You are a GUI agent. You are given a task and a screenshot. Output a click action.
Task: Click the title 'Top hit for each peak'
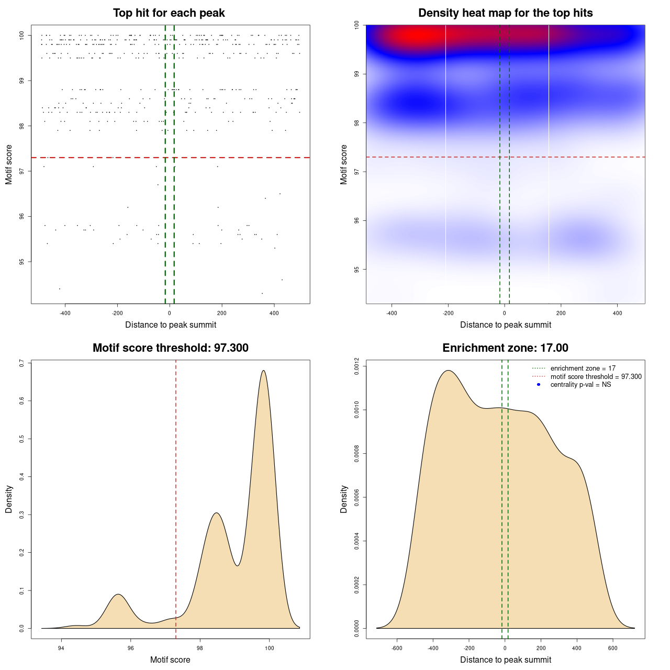(169, 13)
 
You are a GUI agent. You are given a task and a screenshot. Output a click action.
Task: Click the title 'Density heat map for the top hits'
(505, 13)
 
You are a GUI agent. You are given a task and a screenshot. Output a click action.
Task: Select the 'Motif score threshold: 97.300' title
(170, 348)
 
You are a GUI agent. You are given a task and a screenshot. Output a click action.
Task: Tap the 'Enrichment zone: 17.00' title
(505, 348)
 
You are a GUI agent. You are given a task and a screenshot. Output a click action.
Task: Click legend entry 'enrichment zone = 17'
(583, 368)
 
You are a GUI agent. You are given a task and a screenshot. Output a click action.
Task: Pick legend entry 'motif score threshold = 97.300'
(596, 377)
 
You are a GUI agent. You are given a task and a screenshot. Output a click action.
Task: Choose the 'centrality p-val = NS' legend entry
(580, 385)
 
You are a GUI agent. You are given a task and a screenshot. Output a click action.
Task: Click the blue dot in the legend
(539, 385)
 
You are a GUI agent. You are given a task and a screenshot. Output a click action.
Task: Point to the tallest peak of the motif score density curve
(263, 371)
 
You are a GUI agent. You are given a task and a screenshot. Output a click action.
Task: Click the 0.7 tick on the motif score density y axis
(21, 363)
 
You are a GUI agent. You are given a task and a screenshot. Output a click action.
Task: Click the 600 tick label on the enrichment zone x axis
(612, 649)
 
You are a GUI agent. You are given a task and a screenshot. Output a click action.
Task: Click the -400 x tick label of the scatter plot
(65, 314)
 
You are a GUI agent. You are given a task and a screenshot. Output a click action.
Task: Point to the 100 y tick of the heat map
(356, 25)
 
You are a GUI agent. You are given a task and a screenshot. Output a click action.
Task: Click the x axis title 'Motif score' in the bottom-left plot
(170, 660)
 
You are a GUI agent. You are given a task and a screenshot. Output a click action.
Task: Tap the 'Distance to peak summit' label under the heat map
(505, 325)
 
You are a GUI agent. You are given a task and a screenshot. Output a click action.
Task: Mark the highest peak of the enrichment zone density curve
(448, 371)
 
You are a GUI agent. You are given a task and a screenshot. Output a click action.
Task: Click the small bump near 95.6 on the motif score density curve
(119, 594)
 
